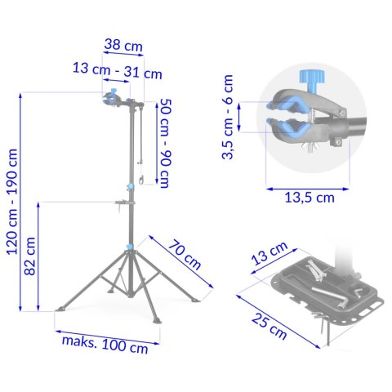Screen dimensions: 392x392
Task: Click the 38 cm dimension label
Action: point(123,46)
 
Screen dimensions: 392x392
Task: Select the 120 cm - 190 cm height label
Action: point(12,202)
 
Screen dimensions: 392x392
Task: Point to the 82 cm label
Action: point(30,256)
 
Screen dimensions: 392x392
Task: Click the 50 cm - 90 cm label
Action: point(165,143)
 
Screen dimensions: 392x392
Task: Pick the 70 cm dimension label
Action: point(185,255)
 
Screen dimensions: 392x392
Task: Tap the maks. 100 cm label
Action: point(105,345)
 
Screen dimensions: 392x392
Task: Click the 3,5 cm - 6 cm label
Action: point(228,117)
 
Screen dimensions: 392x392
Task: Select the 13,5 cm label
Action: point(310,198)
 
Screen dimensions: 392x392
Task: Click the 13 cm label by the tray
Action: point(269,253)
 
